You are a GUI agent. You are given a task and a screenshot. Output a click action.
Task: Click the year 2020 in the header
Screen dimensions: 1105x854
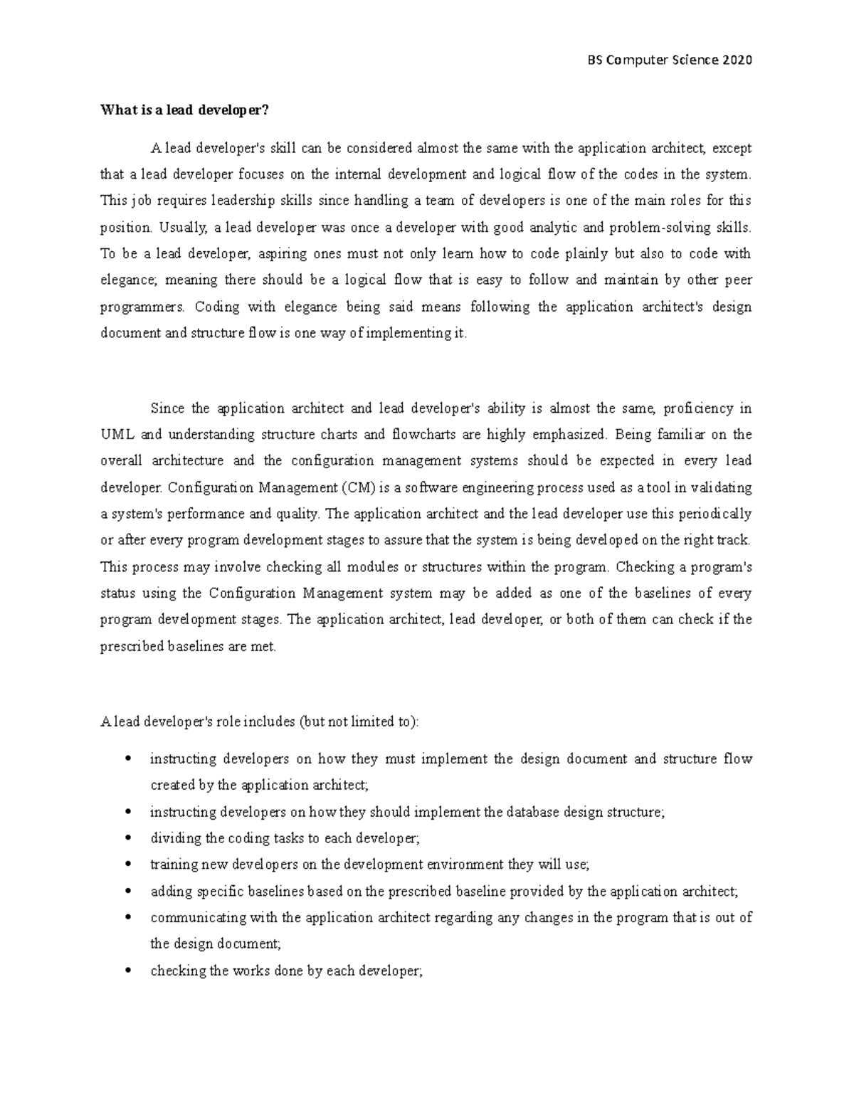pos(737,60)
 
